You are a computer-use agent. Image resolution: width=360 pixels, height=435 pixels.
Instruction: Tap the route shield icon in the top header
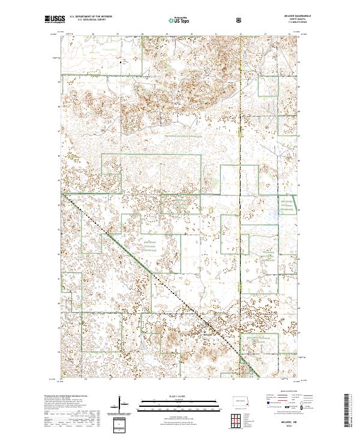pyautogui.click(x=239, y=20)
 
